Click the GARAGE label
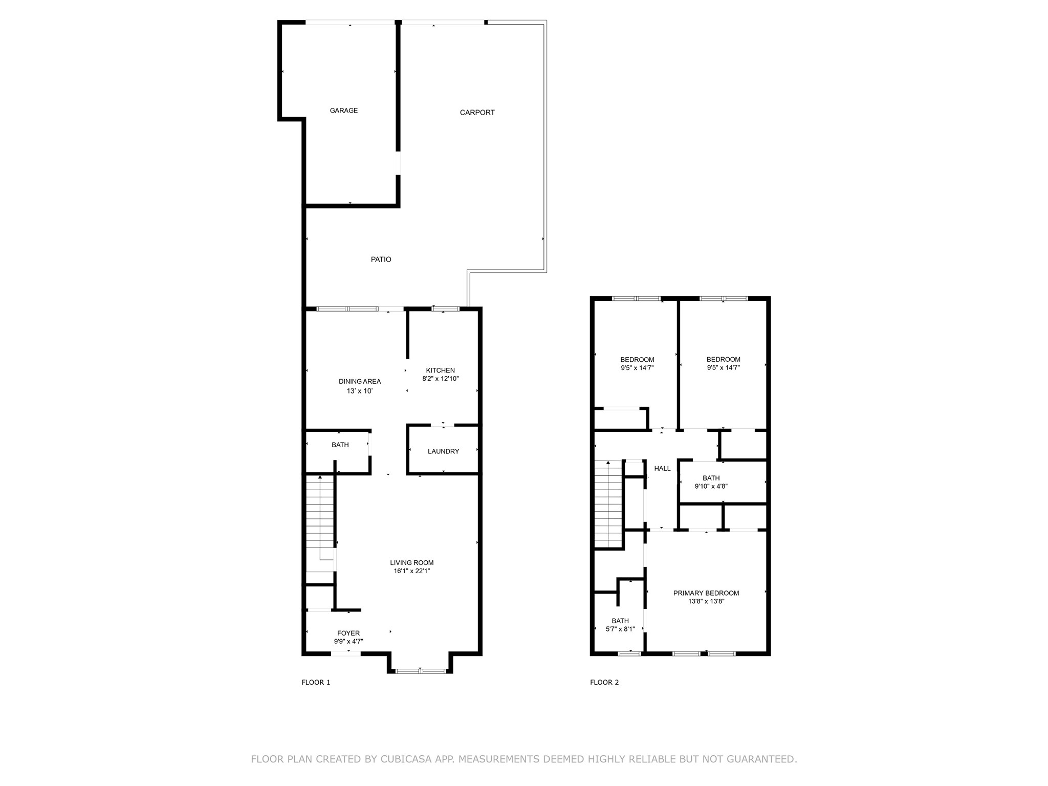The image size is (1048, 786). click(x=343, y=111)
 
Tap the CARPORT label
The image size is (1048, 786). click(x=477, y=113)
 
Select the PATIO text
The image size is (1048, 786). click(x=381, y=259)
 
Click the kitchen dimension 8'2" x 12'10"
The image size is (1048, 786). click(x=440, y=379)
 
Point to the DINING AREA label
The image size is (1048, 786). click(x=360, y=381)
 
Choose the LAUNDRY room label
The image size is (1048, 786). click(x=443, y=451)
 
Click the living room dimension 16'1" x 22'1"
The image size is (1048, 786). click(x=411, y=571)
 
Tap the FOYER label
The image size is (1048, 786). click(x=348, y=633)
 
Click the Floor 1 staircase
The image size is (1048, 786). click(x=320, y=522)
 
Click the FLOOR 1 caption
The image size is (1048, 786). click(x=316, y=682)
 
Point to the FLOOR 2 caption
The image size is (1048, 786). click(x=604, y=682)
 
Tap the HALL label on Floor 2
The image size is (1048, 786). click(x=662, y=468)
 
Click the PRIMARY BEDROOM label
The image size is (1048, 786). click(x=706, y=593)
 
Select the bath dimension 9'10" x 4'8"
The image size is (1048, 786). click(x=711, y=487)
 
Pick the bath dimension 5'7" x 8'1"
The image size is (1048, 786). click(x=620, y=629)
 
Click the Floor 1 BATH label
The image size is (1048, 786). click(x=340, y=445)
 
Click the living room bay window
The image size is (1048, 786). click(x=420, y=671)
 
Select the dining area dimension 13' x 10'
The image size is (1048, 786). click(x=360, y=391)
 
